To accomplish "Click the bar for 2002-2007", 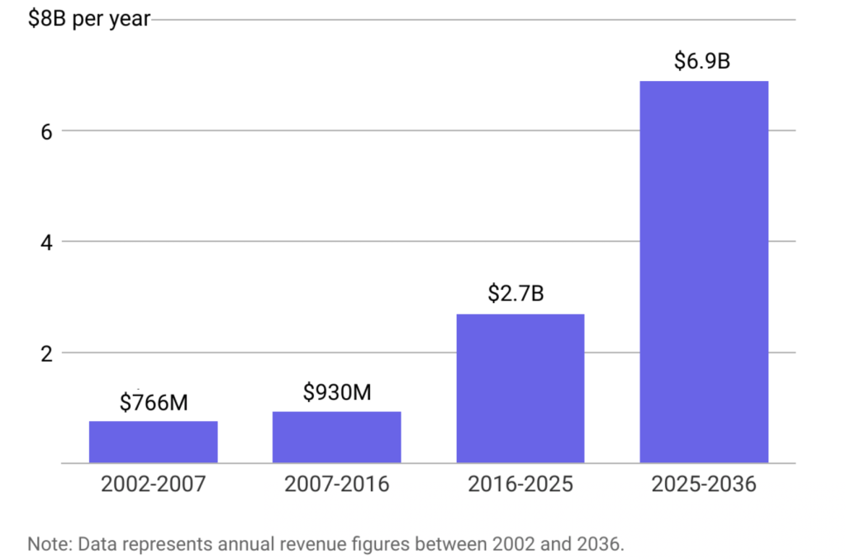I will click(x=153, y=442).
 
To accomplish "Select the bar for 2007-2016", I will click(x=336, y=437).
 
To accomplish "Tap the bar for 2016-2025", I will click(x=520, y=388).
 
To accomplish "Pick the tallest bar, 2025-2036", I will click(x=704, y=272).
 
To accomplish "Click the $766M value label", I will click(x=154, y=403).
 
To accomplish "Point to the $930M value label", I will click(x=336, y=392).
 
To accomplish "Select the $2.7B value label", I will click(x=520, y=293).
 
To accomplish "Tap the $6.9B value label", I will click(x=703, y=60).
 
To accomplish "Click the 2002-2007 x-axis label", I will click(x=153, y=484).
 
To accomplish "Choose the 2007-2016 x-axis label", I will click(x=336, y=484).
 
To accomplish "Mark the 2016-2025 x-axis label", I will click(x=520, y=484).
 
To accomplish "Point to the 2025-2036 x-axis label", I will click(x=703, y=484).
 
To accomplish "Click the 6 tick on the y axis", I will click(x=47, y=130).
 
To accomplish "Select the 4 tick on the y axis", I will click(x=47, y=242).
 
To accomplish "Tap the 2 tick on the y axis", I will click(x=47, y=353).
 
